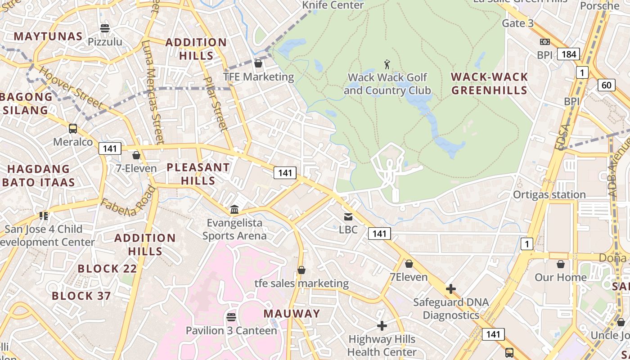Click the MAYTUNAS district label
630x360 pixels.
[48, 36]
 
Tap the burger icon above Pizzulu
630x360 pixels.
[105, 28]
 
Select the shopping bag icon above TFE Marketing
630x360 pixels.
[258, 63]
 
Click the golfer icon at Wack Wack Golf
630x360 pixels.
[387, 64]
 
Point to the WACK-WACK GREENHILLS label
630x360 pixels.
[489, 83]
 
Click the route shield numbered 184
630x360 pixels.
[568, 54]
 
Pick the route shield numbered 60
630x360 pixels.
[606, 85]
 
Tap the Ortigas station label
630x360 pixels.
[549, 194]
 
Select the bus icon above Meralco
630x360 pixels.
[73, 129]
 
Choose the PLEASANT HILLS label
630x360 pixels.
[198, 174]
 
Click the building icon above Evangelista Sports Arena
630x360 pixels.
[234, 209]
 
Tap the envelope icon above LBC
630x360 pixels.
[348, 216]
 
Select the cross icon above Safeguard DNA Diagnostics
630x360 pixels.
[451, 288]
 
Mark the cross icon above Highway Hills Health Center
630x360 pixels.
[382, 325]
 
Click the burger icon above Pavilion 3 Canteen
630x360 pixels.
[231, 317]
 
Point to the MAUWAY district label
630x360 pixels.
[292, 314]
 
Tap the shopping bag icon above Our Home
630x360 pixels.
[561, 264]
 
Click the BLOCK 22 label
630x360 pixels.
[107, 269]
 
